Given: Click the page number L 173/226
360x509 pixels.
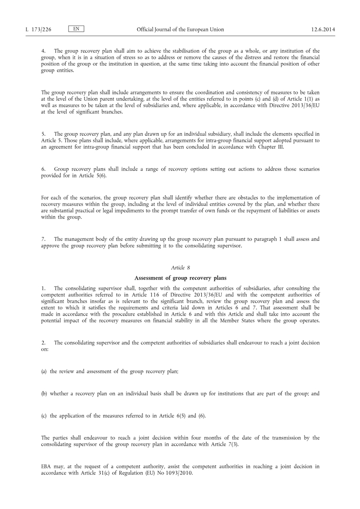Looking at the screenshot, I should (38, 30).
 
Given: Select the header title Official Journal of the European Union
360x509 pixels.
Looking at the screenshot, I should (180, 30).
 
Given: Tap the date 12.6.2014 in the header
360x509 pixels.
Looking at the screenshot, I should (323, 30).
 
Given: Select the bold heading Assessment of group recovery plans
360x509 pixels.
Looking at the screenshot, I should (180, 278).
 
